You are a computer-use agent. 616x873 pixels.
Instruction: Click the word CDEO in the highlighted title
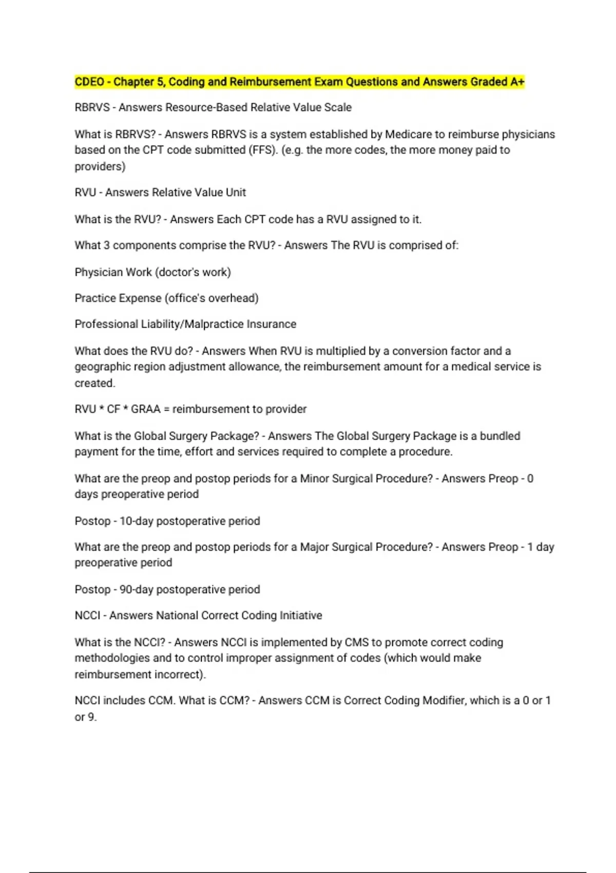click(89, 82)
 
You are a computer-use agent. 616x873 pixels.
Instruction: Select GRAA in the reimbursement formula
click(146, 409)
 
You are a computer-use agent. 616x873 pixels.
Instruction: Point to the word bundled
click(500, 436)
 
